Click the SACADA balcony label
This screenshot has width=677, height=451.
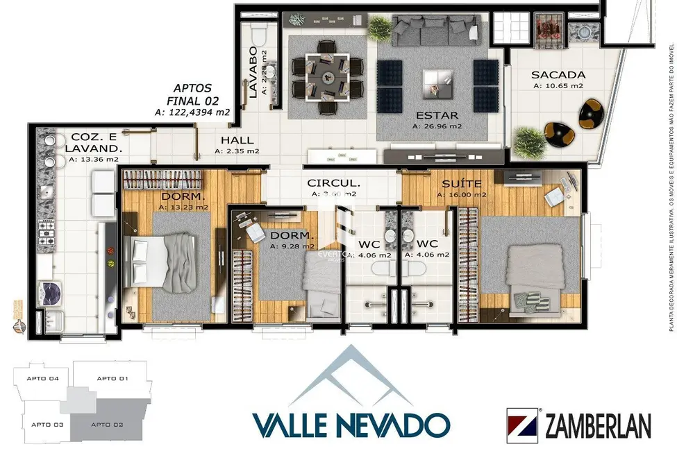558,75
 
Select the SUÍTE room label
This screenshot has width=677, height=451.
462,184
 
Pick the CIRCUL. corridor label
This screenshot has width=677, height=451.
334,184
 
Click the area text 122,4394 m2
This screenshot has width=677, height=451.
212,112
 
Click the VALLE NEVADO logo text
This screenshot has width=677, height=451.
351,424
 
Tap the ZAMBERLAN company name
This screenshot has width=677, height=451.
597,425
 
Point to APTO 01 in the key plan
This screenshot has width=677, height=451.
112,379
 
